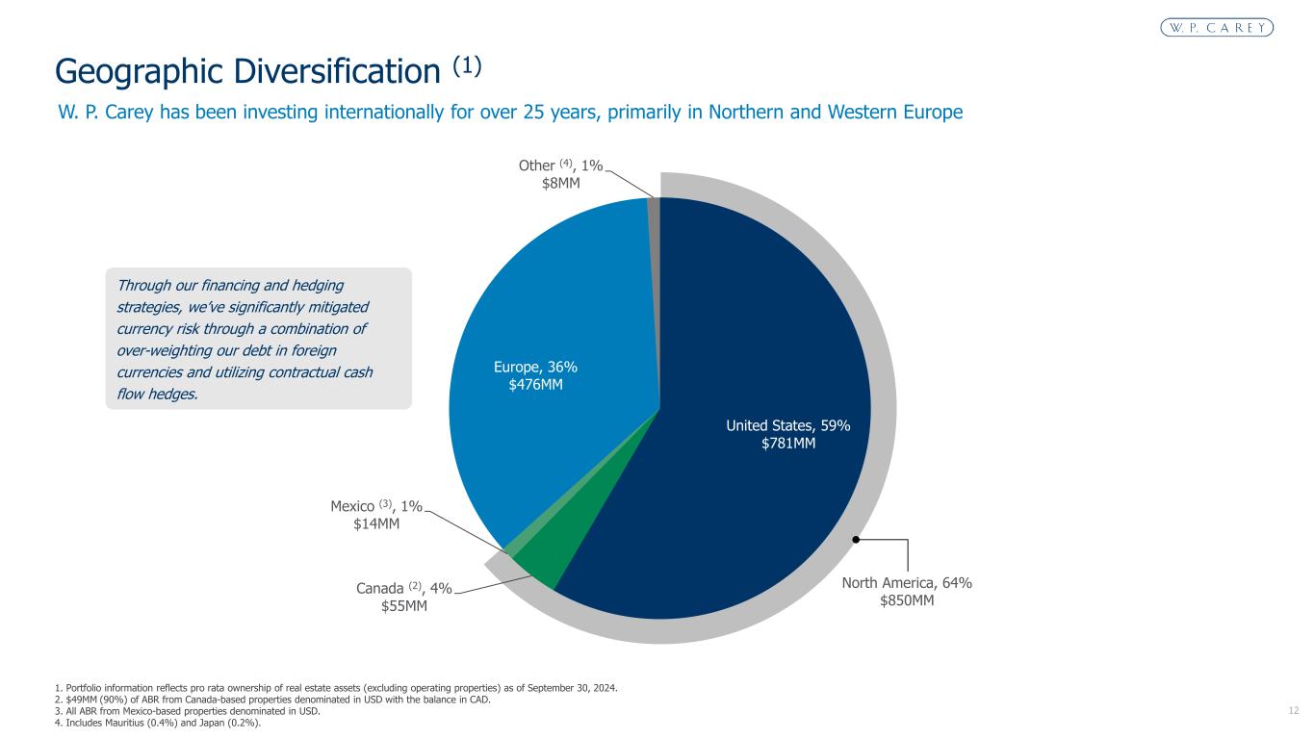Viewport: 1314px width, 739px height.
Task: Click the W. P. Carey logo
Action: tap(1215, 27)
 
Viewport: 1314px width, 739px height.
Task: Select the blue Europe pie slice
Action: tap(539, 308)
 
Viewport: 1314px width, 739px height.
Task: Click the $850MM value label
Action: tap(907, 600)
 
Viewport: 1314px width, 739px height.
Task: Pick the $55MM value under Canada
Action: tap(404, 606)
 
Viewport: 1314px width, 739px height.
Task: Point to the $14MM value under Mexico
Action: tap(376, 523)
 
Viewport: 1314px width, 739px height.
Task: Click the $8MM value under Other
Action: tap(561, 183)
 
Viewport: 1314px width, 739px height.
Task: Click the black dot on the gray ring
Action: tap(854, 540)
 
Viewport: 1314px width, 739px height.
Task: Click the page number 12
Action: tap(1293, 710)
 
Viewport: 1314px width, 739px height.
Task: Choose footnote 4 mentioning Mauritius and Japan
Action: tap(158, 725)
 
